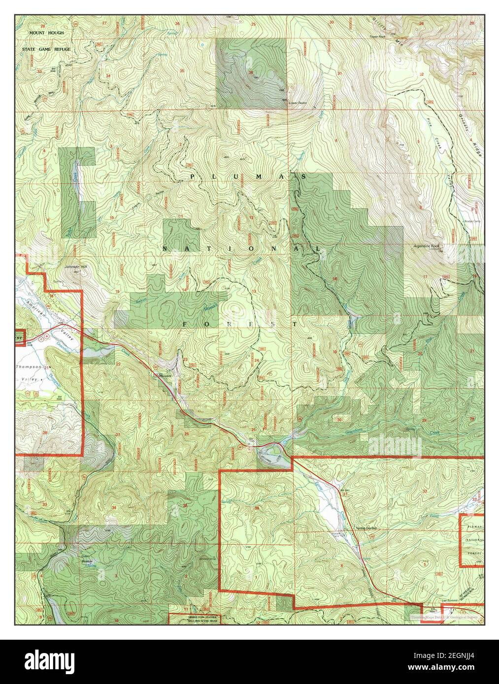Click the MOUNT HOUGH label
[x=43, y=32]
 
